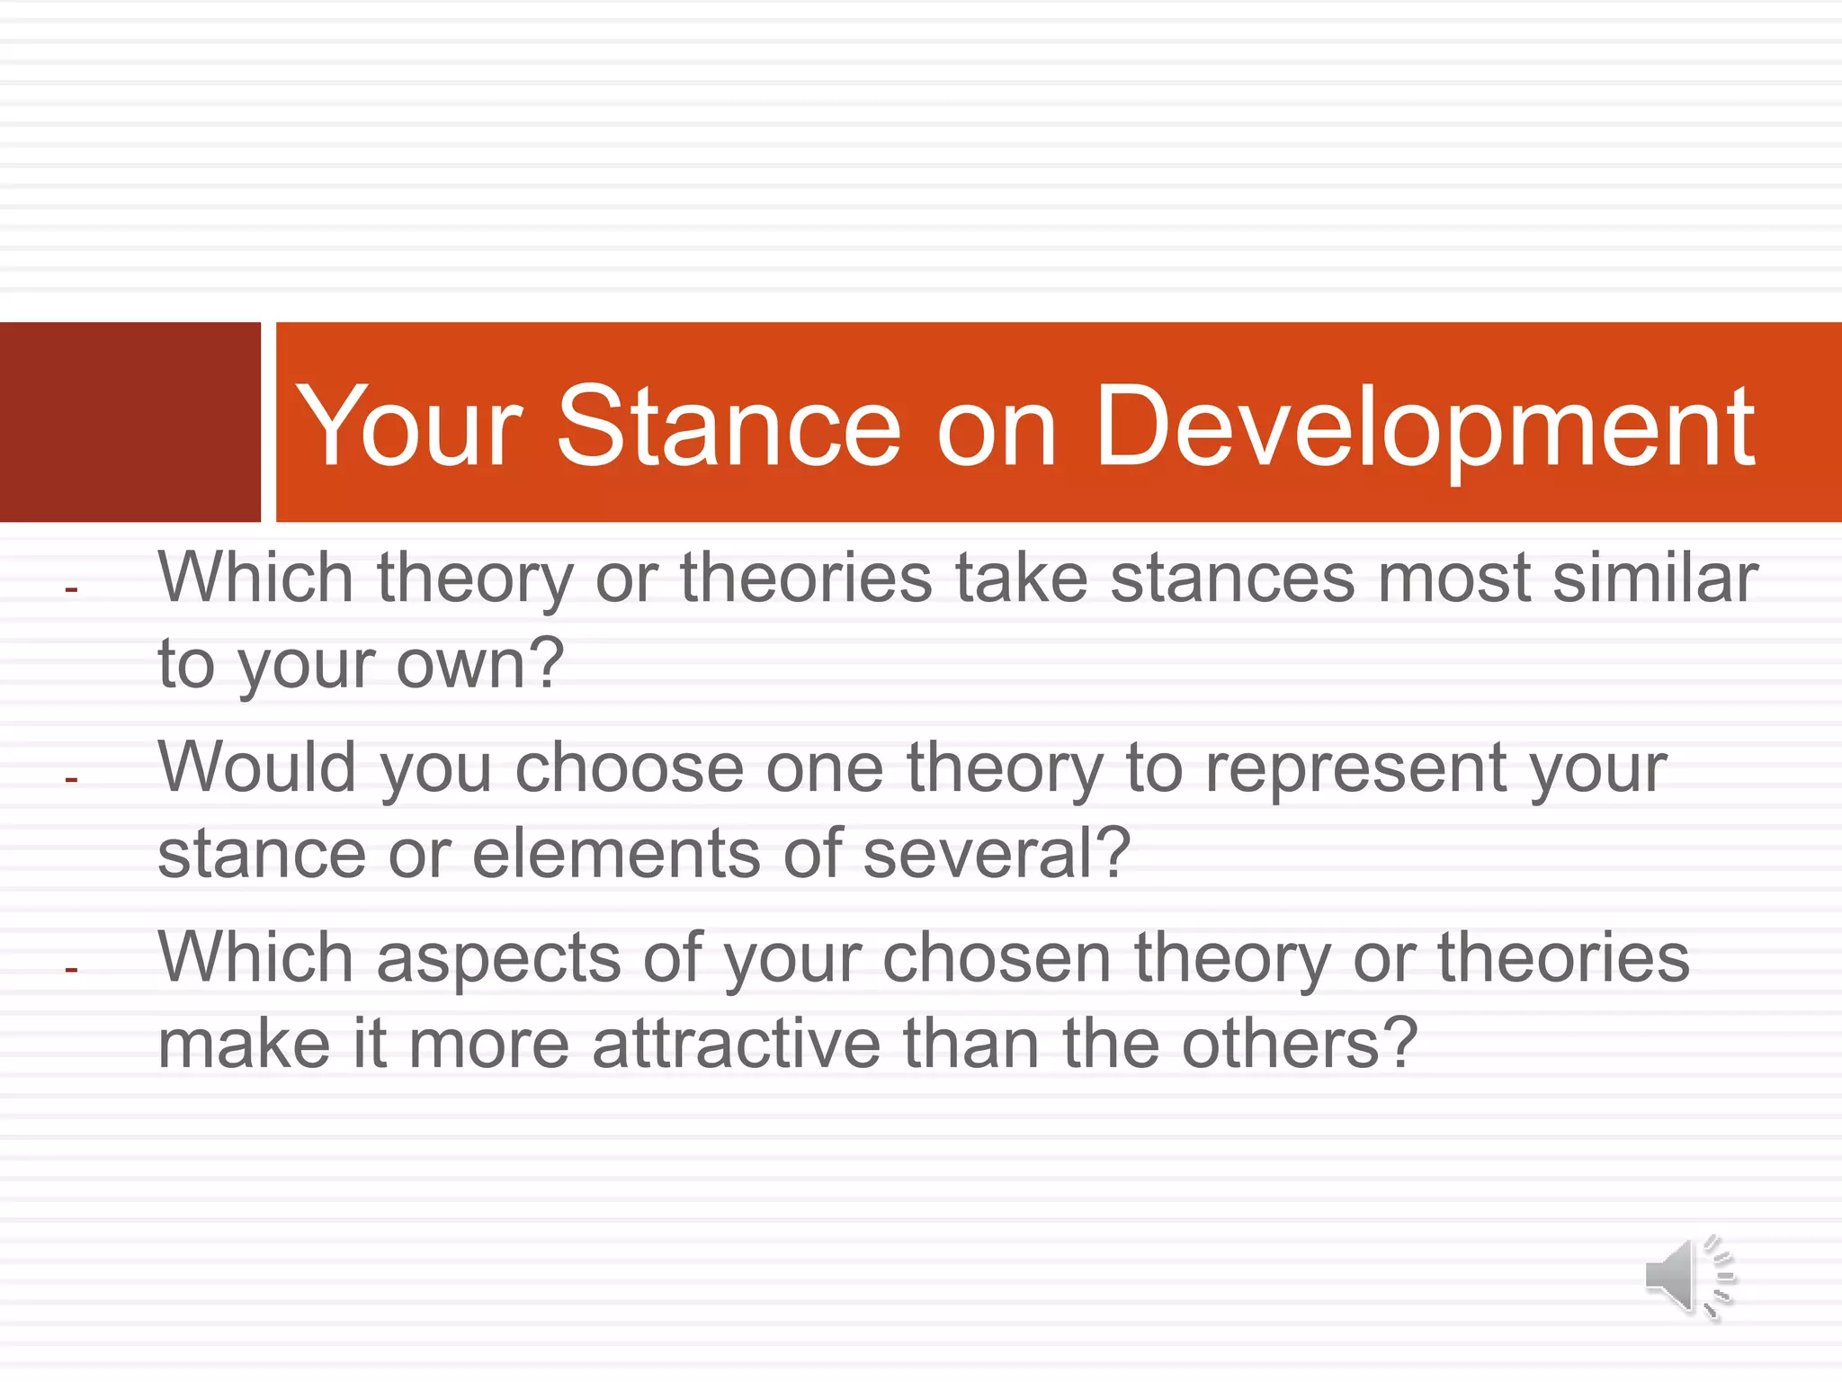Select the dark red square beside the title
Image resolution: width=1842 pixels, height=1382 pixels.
130,422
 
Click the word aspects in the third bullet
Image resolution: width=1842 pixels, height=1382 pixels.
498,959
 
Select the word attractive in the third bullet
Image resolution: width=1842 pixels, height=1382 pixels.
737,1044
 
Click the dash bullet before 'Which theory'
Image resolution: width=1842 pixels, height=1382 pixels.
72,590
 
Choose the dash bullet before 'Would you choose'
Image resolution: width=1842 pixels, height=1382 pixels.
72,779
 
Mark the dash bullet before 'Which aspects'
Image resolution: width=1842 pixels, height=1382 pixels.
72,970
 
